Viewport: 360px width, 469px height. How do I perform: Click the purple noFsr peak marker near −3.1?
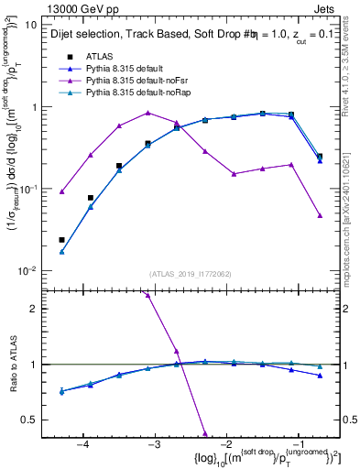coord(147,113)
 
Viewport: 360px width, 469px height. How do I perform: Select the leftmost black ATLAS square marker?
coord(61,240)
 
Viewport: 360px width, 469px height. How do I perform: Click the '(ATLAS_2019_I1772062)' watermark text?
coord(191,273)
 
